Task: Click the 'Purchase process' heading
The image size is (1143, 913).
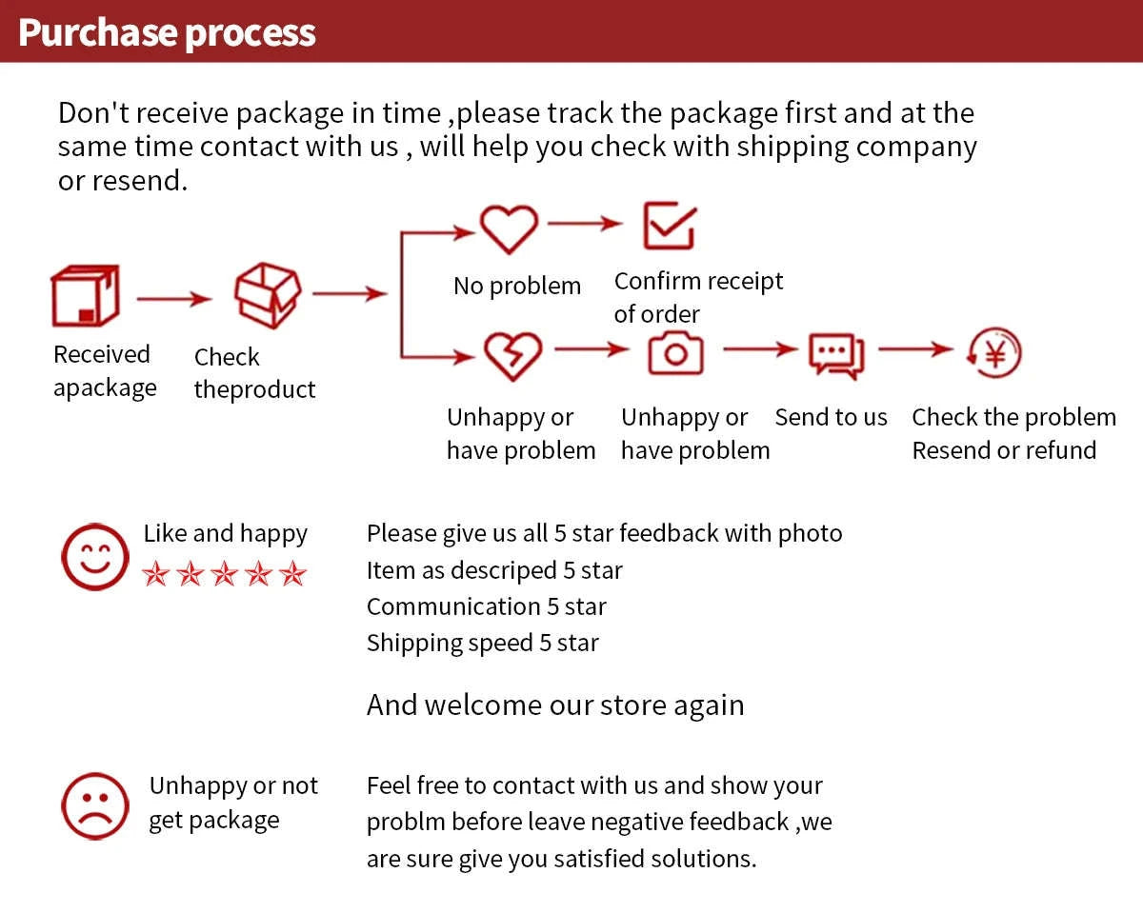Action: [167, 33]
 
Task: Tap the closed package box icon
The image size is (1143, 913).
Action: [86, 295]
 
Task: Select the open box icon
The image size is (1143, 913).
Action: [268, 295]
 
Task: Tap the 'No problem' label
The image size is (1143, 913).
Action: [517, 287]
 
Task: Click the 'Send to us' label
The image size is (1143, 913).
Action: [831, 417]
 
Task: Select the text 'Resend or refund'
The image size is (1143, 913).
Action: [1004, 450]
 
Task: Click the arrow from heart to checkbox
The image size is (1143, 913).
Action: [585, 224]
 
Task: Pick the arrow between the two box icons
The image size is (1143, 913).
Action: [174, 299]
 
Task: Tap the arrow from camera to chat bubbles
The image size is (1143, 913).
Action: [761, 349]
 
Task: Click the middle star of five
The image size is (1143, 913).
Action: [224, 574]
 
